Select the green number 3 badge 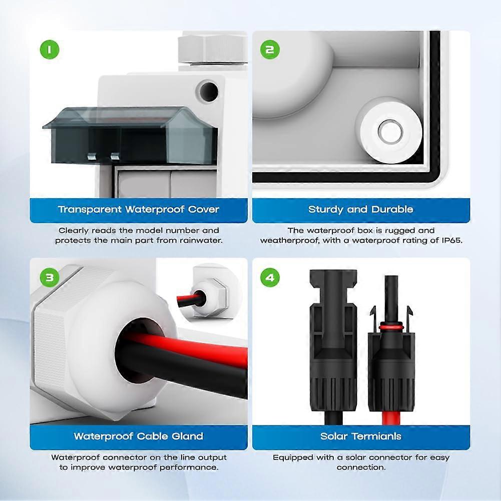[x=49, y=277]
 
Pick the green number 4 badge [x=270, y=277]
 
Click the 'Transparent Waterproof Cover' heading [x=139, y=209]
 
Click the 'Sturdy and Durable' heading [x=360, y=209]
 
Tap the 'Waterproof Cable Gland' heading [x=139, y=436]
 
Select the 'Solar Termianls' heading [x=360, y=436]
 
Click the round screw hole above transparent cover [x=208, y=91]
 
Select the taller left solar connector [x=333, y=340]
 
